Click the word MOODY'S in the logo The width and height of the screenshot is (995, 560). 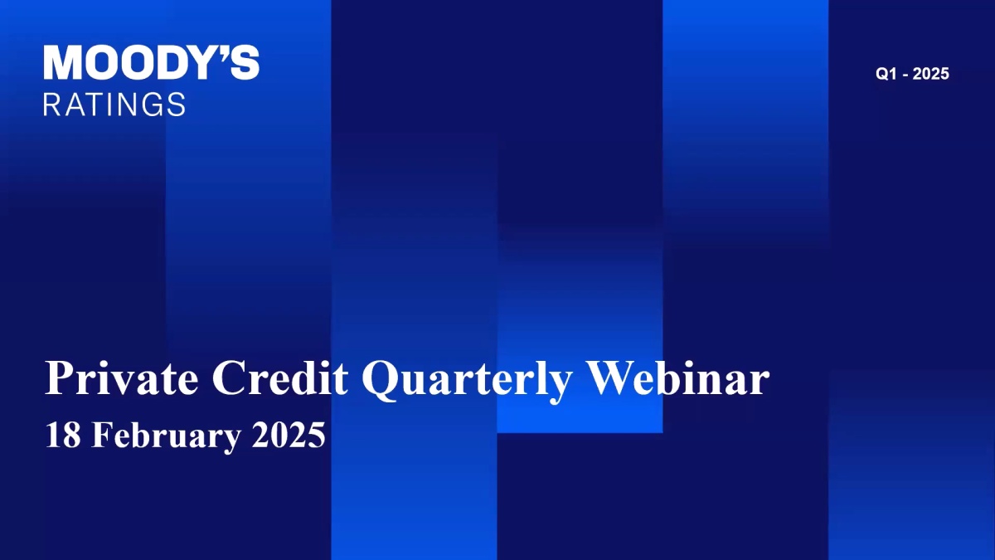152,62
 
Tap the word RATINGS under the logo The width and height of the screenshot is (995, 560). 114,105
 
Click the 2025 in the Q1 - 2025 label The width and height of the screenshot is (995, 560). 930,74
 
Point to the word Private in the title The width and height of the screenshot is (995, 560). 121,377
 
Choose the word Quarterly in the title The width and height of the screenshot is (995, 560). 466,381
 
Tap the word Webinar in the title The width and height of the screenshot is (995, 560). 677,377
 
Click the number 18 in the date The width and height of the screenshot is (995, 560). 63,435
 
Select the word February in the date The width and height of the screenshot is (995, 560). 167,437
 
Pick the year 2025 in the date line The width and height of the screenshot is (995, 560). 289,435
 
